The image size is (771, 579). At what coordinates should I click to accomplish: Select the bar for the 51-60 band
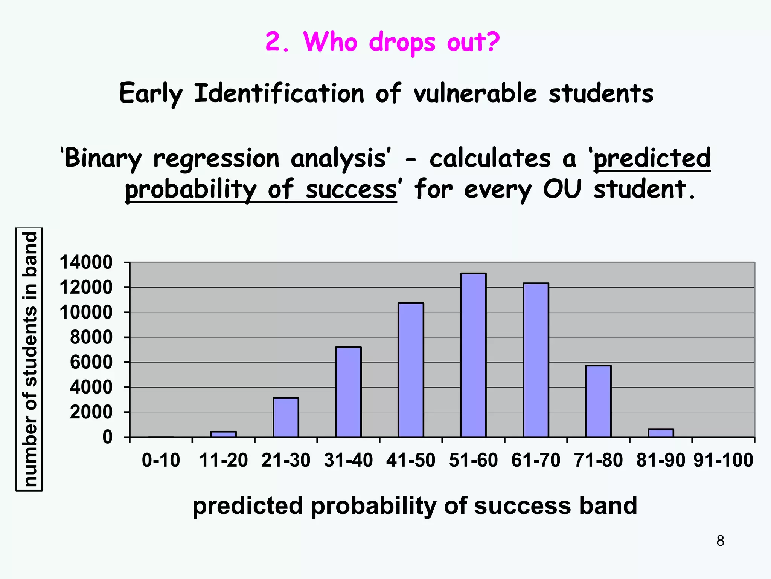(473, 355)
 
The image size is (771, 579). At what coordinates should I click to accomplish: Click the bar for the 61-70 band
(536, 360)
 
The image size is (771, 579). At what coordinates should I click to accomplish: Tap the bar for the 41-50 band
(411, 370)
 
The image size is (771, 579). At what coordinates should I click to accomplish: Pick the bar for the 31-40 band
(348, 392)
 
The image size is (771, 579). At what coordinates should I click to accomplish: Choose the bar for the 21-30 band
(286, 417)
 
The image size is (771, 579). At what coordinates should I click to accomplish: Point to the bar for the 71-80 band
(598, 401)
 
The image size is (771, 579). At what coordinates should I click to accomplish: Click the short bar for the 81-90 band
(661, 433)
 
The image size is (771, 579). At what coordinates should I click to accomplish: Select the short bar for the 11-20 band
(223, 434)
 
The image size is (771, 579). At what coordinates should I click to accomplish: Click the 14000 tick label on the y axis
(86, 262)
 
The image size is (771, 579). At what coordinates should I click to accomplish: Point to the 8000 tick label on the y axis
(91, 337)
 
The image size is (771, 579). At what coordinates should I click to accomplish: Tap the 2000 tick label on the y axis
(91, 412)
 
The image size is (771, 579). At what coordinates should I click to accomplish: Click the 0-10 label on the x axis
(161, 460)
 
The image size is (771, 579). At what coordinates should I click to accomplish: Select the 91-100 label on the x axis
(723, 460)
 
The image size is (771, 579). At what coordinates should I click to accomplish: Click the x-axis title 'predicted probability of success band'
(414, 505)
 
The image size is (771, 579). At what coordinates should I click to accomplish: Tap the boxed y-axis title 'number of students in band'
(29, 359)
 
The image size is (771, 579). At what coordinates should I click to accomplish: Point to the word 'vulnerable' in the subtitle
(475, 93)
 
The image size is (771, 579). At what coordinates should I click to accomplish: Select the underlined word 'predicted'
(652, 158)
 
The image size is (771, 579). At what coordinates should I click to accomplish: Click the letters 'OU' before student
(562, 189)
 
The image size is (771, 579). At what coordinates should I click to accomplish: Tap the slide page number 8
(720, 541)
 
